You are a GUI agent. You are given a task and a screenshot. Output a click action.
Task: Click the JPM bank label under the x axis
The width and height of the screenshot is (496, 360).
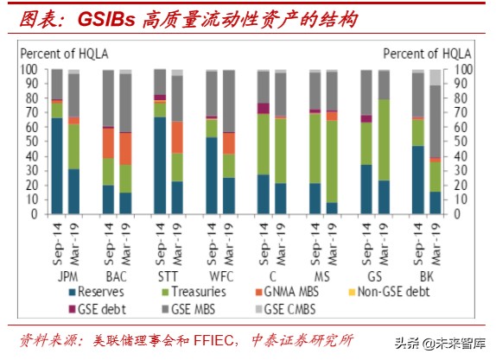coord(66,277)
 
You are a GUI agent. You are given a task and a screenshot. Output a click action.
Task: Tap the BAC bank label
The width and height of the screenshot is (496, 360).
coord(117,277)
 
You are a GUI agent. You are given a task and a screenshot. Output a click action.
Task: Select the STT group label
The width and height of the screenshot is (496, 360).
coord(168,277)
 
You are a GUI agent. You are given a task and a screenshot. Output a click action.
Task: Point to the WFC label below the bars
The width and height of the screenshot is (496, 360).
coord(219,277)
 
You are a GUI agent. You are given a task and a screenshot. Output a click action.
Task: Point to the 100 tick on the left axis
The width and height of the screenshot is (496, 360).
coord(29,69)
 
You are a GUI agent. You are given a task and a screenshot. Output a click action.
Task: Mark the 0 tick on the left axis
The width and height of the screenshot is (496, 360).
coord(34,214)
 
